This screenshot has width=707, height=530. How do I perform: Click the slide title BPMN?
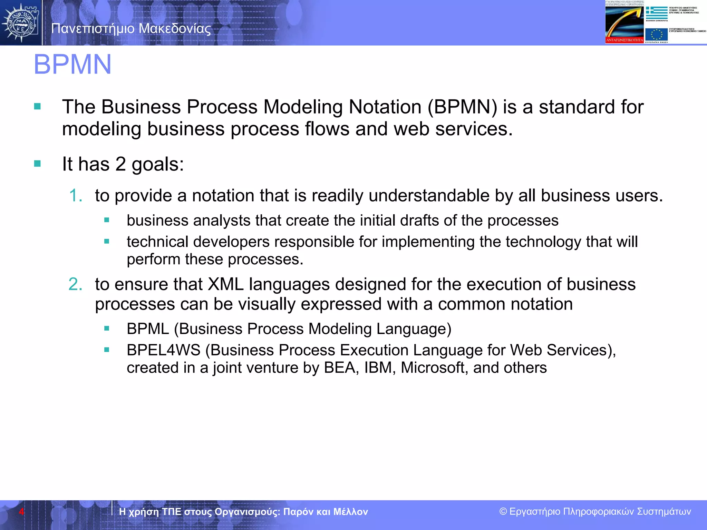tap(72, 65)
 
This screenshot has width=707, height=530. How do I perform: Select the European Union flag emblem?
tap(656, 35)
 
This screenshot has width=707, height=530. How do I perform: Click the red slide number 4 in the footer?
tap(21, 511)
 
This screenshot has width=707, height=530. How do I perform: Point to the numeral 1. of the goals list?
tap(76, 196)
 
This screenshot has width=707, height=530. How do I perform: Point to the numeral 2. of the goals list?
tap(75, 284)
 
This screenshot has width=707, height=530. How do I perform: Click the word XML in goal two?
tap(226, 284)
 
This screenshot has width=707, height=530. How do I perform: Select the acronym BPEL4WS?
tap(163, 350)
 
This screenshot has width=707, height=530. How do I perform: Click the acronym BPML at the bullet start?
tap(148, 329)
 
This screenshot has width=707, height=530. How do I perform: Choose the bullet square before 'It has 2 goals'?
tap(37, 164)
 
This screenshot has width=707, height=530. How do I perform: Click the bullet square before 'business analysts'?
tap(107, 220)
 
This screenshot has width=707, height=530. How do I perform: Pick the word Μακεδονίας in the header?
tap(175, 29)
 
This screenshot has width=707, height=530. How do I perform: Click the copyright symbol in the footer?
tap(503, 511)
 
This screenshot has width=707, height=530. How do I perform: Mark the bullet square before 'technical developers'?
tap(107, 242)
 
